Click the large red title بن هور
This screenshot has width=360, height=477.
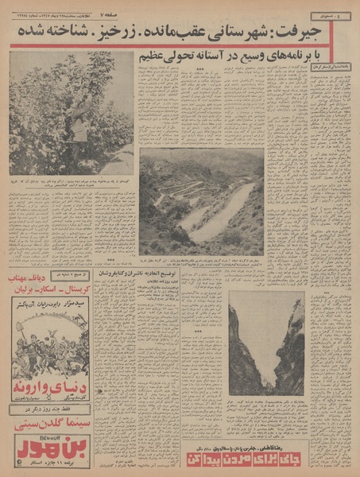coord(49,448)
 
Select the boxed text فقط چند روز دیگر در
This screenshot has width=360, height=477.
coord(49,409)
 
